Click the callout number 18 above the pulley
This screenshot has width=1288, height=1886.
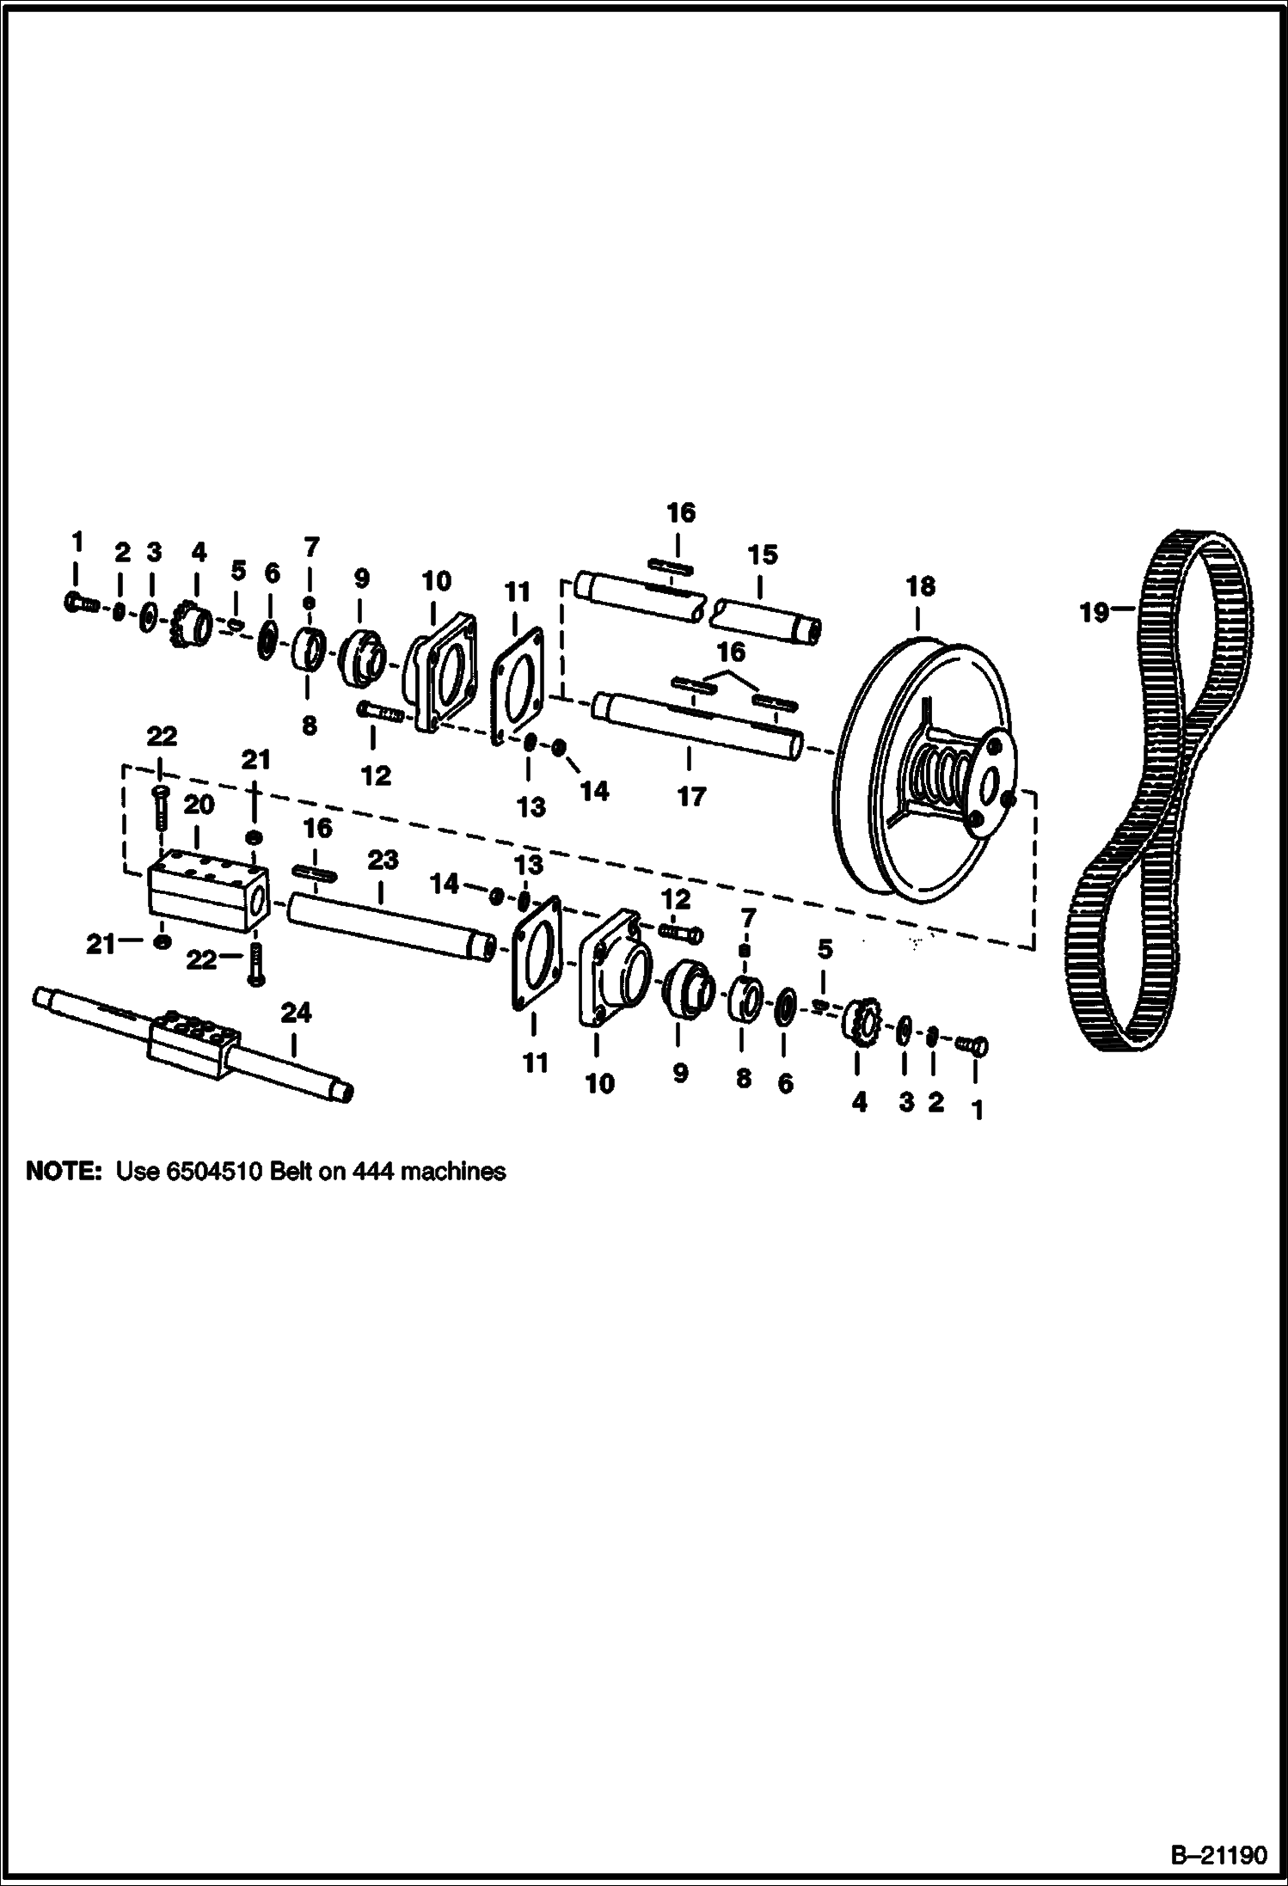919,586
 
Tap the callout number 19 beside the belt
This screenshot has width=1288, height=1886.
1095,614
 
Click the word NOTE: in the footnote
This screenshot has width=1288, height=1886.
64,1171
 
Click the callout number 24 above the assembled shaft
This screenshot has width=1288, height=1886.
295,1013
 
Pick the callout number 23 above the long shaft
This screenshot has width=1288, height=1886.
383,860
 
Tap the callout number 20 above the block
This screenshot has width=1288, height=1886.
198,805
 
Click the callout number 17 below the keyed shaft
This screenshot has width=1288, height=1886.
690,797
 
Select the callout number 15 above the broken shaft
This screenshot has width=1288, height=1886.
762,554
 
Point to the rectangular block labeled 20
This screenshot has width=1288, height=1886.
210,889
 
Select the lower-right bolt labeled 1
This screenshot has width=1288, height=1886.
972,1044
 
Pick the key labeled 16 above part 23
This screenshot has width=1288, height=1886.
317,874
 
